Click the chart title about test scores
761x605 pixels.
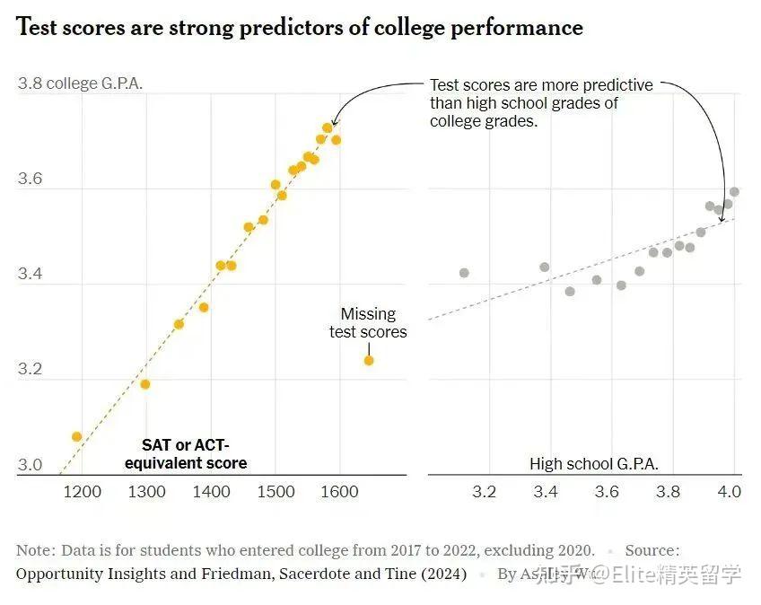click(x=300, y=28)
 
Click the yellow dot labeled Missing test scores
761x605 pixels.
click(x=369, y=360)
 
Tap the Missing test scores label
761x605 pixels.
click(x=368, y=323)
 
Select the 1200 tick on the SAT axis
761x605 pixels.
click(x=83, y=492)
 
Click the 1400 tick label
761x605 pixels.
click(x=211, y=492)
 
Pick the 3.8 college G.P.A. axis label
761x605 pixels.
click(x=80, y=84)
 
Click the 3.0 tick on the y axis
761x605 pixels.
click(x=30, y=465)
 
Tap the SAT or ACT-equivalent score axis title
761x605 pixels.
click(x=186, y=454)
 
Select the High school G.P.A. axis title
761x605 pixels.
click(x=594, y=464)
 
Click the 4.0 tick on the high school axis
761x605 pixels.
click(x=730, y=492)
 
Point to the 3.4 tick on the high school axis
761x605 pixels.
click(x=546, y=492)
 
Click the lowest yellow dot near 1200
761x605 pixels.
click(x=77, y=436)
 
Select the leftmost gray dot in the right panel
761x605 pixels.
click(x=464, y=273)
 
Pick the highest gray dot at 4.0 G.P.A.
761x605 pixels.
click(x=734, y=191)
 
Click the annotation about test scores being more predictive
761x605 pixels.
click(x=541, y=103)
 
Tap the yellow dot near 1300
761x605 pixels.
click(x=145, y=384)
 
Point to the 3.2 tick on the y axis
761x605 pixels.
click(x=30, y=369)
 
